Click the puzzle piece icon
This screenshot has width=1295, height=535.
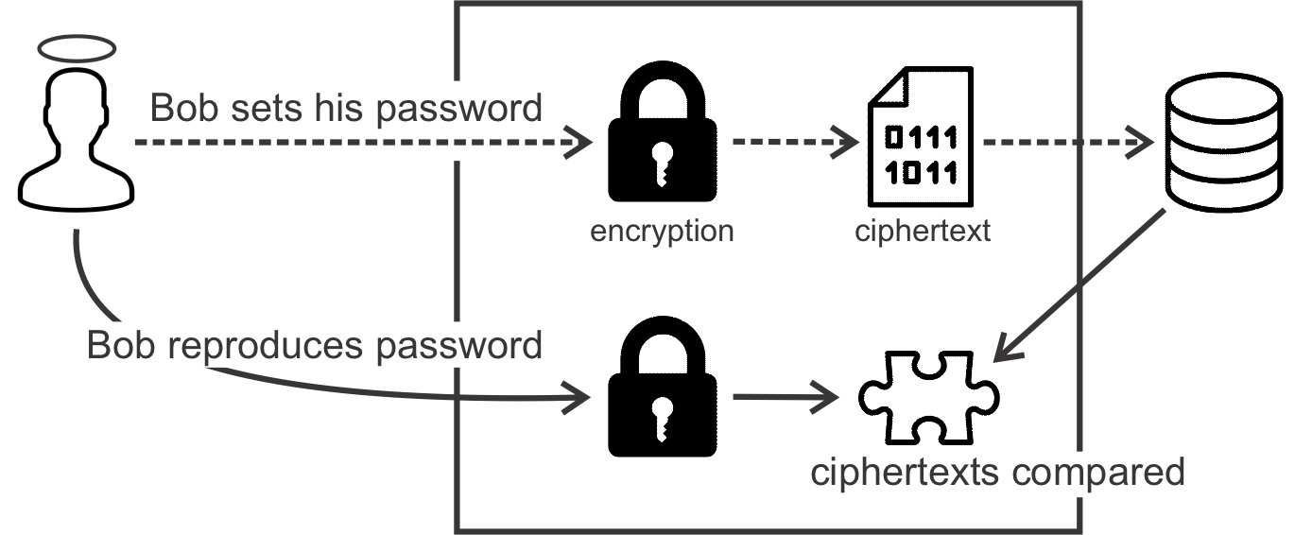click(927, 398)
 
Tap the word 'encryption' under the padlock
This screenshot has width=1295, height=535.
click(661, 231)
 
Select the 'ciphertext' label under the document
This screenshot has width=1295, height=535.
click(922, 231)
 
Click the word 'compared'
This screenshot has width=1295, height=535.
click(1097, 472)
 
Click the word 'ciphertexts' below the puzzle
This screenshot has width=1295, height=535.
click(904, 472)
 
